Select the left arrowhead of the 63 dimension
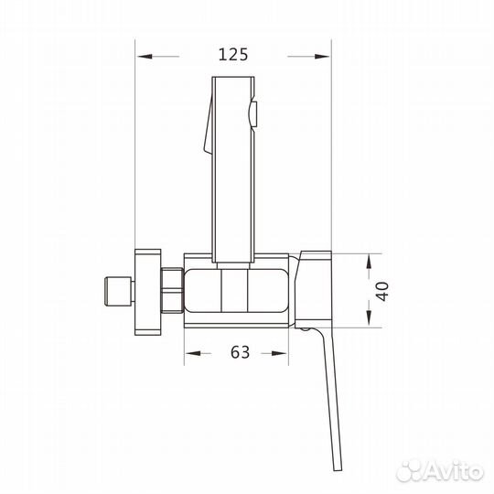click(x=190, y=352)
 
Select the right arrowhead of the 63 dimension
click(x=289, y=352)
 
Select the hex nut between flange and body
click(x=172, y=289)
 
